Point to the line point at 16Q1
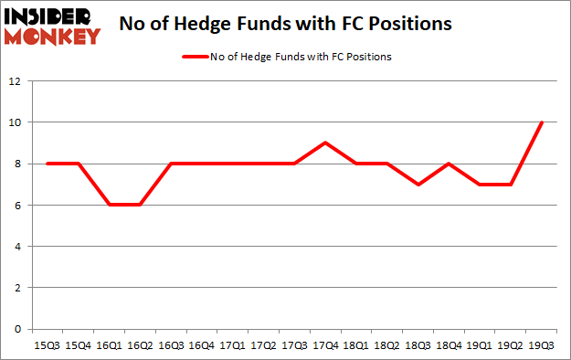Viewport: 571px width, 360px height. pos(110,205)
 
